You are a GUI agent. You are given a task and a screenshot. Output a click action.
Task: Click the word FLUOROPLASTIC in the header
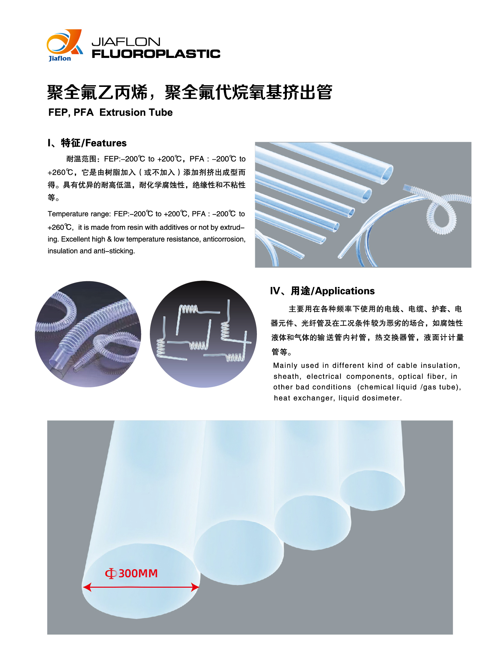[156, 54]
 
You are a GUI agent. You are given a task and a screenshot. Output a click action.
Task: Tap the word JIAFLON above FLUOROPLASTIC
[126, 42]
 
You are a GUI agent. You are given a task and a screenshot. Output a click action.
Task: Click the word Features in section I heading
[106, 143]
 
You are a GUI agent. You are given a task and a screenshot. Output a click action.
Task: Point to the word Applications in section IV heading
[345, 291]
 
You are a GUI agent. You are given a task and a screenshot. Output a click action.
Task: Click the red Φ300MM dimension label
[131, 573]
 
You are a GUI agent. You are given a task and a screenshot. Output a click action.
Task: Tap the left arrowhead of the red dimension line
[87, 587]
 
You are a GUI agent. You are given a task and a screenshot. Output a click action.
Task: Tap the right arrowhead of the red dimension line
[195, 587]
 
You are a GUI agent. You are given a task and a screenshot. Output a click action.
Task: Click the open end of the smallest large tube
[372, 490]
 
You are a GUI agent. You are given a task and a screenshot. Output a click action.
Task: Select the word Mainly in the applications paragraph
[285, 366]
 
